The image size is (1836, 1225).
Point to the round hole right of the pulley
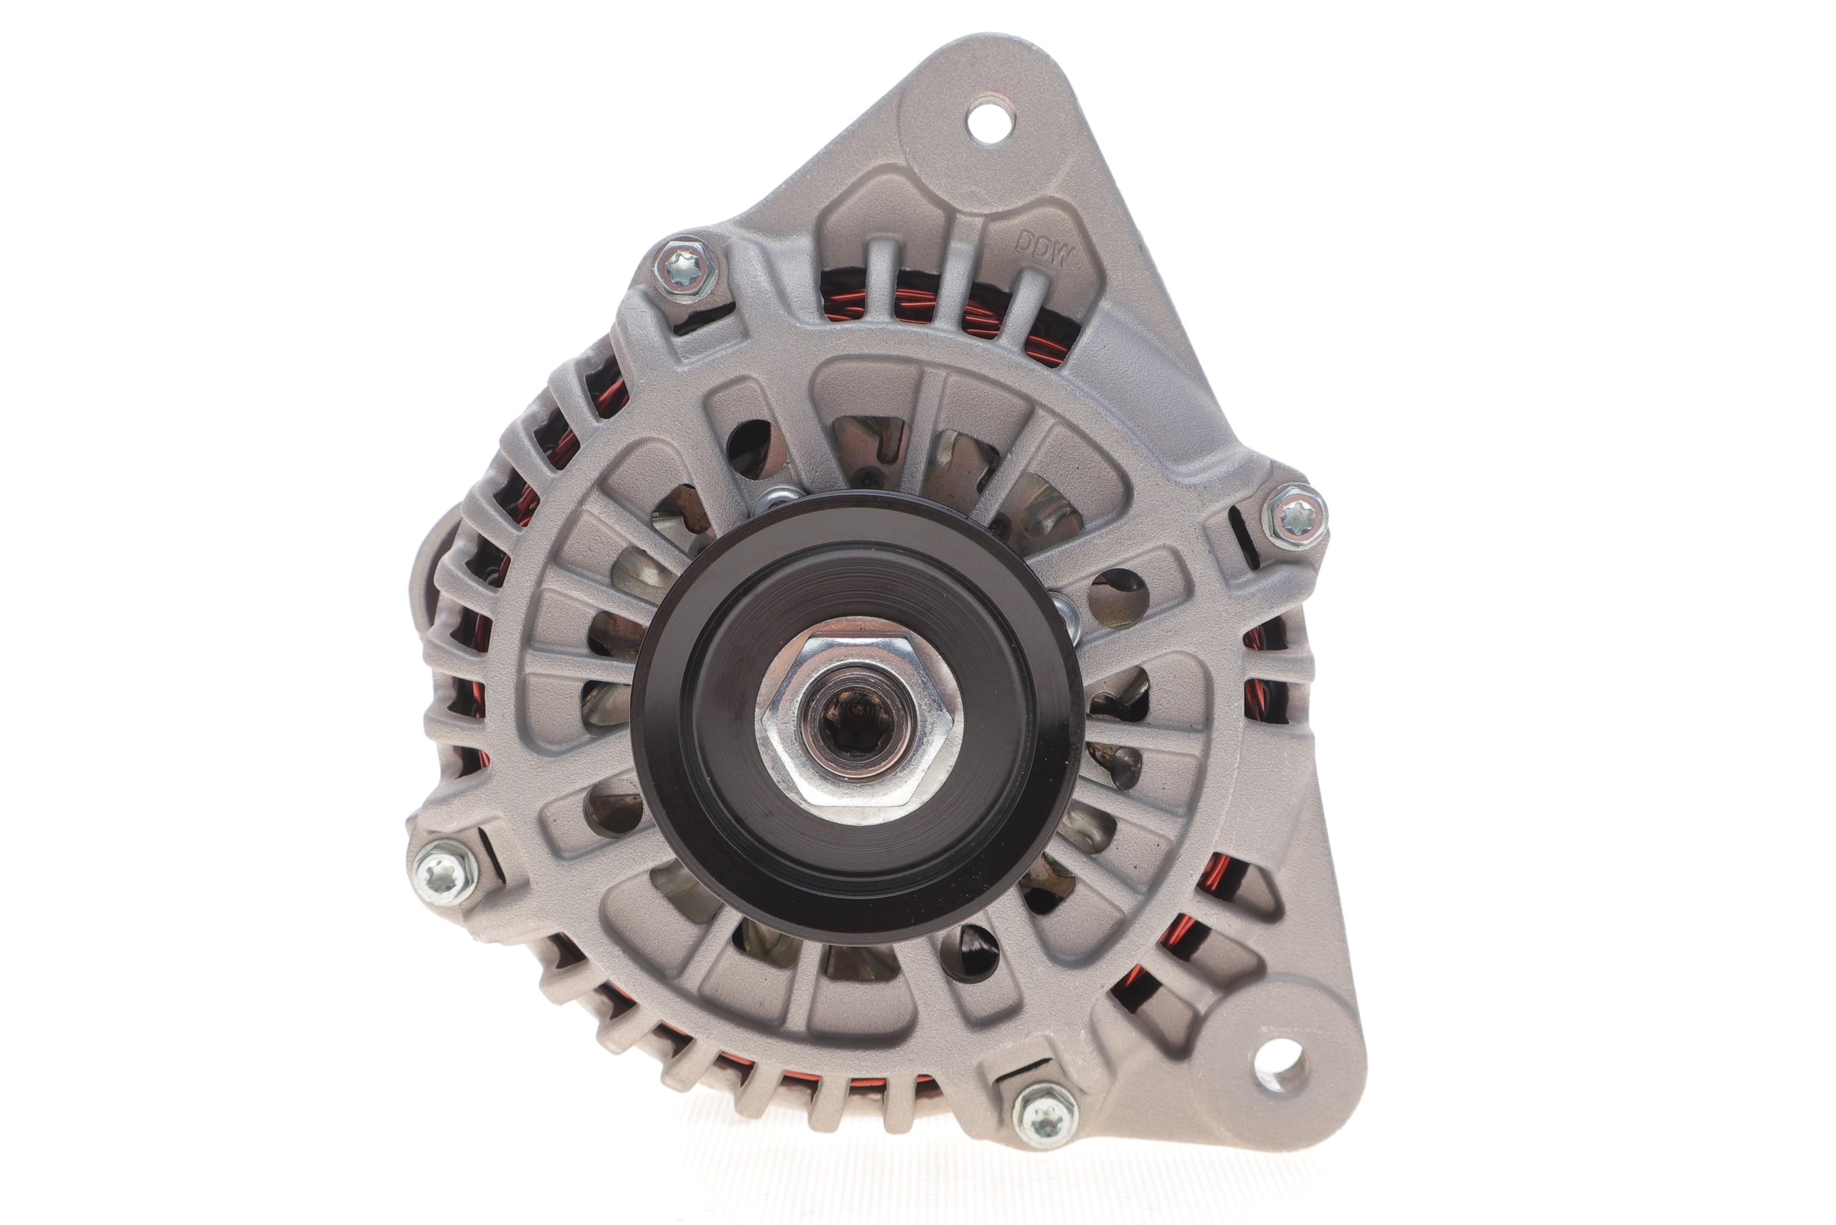pyautogui.click(x=1118, y=598)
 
